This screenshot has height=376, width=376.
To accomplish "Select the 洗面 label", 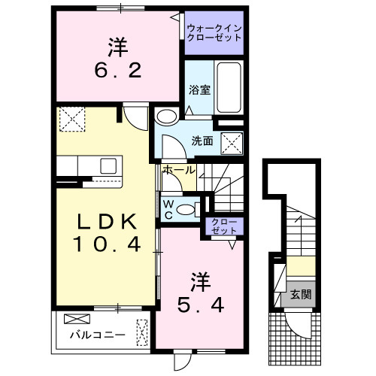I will tap(201, 139).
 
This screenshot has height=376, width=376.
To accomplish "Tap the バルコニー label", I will tap(91, 334).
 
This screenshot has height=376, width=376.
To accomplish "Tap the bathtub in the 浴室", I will tap(227, 88).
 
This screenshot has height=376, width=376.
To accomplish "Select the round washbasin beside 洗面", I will tap(166, 116).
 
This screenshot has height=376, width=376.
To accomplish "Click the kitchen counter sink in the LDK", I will tap(105, 165).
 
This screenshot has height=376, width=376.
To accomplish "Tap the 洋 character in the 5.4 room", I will tap(200, 282).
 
